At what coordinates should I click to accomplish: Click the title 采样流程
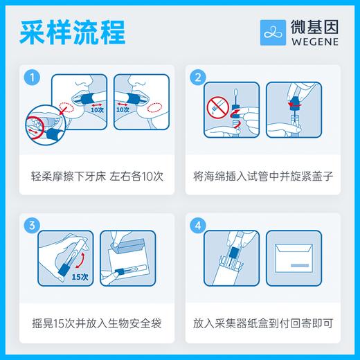[x=72, y=33]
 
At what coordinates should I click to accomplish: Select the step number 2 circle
[x=198, y=77]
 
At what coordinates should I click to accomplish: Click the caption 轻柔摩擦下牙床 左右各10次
[x=94, y=176]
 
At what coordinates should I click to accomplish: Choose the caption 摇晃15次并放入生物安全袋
[x=94, y=323]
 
